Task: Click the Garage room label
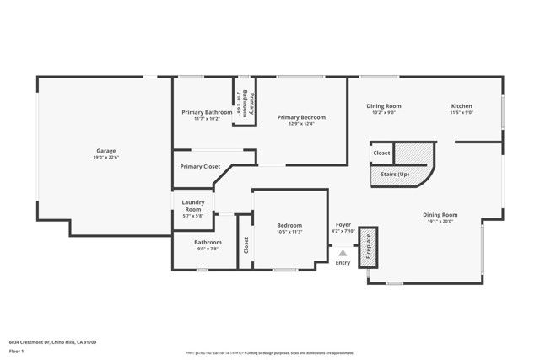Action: [105, 151]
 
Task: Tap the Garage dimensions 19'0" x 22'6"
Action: [105, 158]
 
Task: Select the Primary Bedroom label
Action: [301, 117]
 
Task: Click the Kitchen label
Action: [462, 105]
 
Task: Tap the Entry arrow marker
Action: [343, 251]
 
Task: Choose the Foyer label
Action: [343, 225]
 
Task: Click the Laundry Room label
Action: [193, 206]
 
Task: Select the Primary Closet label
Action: [200, 166]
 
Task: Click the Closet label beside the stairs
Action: [381, 153]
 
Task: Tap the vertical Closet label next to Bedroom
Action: [246, 244]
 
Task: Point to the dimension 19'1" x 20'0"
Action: [440, 222]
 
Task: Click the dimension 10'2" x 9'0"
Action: [384, 112]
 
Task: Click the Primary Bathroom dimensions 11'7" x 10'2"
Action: [207, 119]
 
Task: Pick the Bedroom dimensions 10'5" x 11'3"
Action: [289, 232]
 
